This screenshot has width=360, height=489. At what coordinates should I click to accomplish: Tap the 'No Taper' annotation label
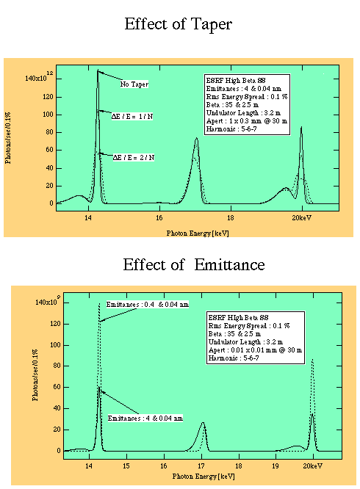[x=134, y=84]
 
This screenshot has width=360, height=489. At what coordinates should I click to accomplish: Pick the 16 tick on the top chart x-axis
[x=159, y=218]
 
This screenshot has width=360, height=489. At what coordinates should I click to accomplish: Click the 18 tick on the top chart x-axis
[x=231, y=218]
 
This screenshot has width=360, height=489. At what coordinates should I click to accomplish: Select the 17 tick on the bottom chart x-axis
[x=202, y=465]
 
